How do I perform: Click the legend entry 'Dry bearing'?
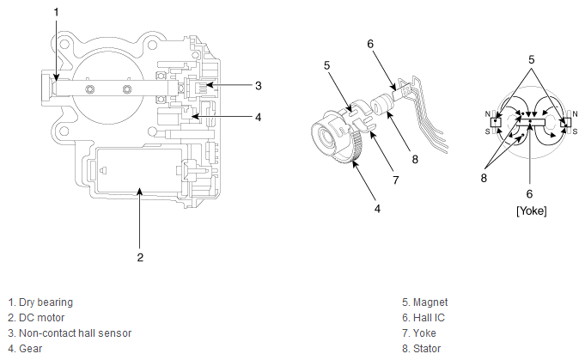click(x=40, y=302)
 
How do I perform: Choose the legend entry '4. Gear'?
click(x=25, y=349)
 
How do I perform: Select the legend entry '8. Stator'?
click(x=421, y=349)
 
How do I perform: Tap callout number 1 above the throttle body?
click(x=57, y=12)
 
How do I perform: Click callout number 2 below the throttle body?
click(x=140, y=256)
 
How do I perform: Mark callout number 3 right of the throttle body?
click(x=258, y=85)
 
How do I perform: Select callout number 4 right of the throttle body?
click(x=258, y=116)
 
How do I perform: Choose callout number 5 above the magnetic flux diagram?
click(x=530, y=60)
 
